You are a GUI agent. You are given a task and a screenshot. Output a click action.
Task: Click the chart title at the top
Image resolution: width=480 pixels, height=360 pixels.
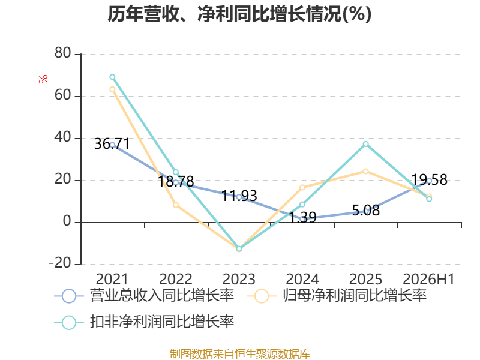pos(239,14)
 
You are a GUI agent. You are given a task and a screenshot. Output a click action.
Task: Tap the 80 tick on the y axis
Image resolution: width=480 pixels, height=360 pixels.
pos(63,53)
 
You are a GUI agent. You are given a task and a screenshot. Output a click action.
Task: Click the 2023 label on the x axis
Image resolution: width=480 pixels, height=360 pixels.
pos(239,279)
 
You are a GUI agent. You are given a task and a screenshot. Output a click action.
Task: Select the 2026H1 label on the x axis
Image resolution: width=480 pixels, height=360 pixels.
pos(428,279)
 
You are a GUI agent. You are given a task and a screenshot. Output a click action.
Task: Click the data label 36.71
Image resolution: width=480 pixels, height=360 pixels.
pos(112,143)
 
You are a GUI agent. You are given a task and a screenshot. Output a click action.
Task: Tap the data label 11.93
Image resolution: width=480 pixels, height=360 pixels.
pos(239,196)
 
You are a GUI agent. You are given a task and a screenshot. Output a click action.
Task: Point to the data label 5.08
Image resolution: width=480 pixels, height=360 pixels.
pos(366,211)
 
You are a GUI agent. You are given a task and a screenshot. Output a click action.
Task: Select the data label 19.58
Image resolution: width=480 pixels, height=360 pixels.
pos(429,179)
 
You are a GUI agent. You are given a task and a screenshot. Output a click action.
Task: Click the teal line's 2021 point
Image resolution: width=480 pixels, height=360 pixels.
pos(112,77)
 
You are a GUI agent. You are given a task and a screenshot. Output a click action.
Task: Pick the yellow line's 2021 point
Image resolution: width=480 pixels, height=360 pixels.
pos(112,89)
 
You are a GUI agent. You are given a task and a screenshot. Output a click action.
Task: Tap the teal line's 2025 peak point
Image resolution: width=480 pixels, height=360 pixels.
pos(366,144)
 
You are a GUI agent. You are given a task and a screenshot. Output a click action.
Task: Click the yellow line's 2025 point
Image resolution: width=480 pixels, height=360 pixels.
pos(366,171)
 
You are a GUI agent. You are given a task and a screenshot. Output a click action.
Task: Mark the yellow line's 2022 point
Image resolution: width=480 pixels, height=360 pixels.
pos(176,205)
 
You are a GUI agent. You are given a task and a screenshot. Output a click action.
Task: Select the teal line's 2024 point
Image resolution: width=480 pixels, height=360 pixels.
pos(302,204)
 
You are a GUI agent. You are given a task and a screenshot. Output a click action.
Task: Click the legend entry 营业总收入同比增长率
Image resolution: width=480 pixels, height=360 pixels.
pos(144,296)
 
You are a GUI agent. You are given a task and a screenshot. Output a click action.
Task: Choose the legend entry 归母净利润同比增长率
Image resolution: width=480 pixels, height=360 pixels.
pos(337,296)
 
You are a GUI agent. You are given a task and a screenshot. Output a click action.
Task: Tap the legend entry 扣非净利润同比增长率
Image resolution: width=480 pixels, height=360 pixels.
pos(144,322)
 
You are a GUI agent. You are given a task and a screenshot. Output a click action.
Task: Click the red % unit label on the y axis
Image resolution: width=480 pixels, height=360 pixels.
pos(43,79)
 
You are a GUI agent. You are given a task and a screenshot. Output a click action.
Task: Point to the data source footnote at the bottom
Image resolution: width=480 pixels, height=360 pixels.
pos(240,354)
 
